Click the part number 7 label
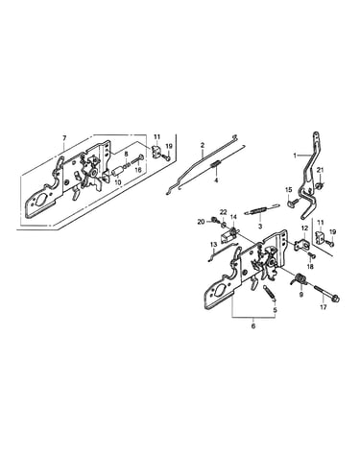[64, 138]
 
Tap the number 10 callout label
[117, 182]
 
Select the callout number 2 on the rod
[203, 145]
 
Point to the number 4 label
[216, 180]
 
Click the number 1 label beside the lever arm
[295, 156]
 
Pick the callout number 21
[321, 170]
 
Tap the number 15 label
[289, 190]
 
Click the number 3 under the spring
[260, 227]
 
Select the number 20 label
[201, 221]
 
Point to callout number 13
[214, 245]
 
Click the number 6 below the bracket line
[253, 326]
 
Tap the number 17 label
[324, 307]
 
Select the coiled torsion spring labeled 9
[300, 280]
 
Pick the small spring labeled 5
[271, 292]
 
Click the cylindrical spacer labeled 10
[117, 171]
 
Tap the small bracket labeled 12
[302, 245]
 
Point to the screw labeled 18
[312, 255]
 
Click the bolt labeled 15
[293, 203]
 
